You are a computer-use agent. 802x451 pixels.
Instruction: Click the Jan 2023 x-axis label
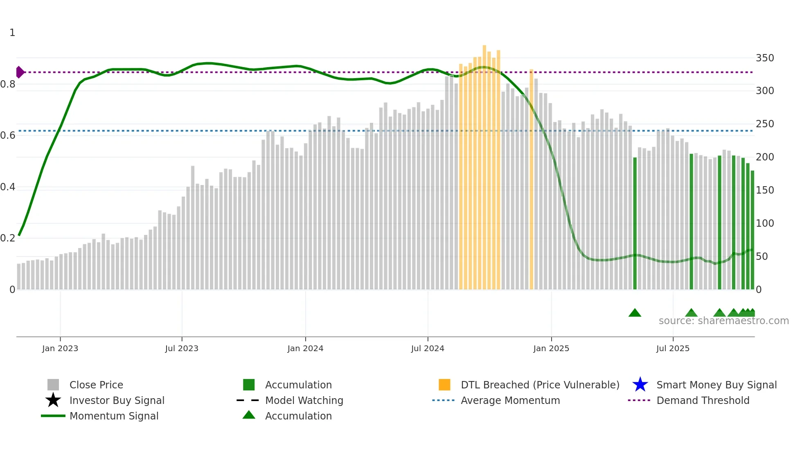60,348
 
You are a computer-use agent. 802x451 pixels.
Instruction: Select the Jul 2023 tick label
182,348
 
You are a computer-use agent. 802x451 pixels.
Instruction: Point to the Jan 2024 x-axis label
305,348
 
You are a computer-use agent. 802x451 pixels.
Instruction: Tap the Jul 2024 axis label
428,348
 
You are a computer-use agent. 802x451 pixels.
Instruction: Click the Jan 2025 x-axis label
551,348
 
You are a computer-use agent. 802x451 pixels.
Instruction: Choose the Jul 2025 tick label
673,348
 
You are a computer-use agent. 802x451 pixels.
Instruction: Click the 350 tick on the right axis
765,58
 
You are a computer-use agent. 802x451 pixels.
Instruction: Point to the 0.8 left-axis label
8,84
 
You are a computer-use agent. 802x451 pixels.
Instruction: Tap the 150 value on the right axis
765,190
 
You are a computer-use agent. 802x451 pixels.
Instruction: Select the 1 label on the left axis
12,33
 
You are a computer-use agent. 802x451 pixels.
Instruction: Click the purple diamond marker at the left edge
20,72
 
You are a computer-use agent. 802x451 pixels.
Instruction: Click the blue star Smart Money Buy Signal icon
640,385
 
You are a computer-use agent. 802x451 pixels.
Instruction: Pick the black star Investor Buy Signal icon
53,400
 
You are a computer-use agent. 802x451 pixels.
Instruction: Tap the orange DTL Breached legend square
444,385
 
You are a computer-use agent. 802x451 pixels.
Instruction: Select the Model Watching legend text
304,400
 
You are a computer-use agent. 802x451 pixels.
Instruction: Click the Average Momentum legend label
510,400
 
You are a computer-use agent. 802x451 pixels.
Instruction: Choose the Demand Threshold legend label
703,400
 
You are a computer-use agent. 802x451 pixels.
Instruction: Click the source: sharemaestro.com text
723,321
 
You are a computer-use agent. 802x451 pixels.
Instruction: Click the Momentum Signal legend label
114,416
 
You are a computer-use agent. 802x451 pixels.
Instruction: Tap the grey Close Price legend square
53,385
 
